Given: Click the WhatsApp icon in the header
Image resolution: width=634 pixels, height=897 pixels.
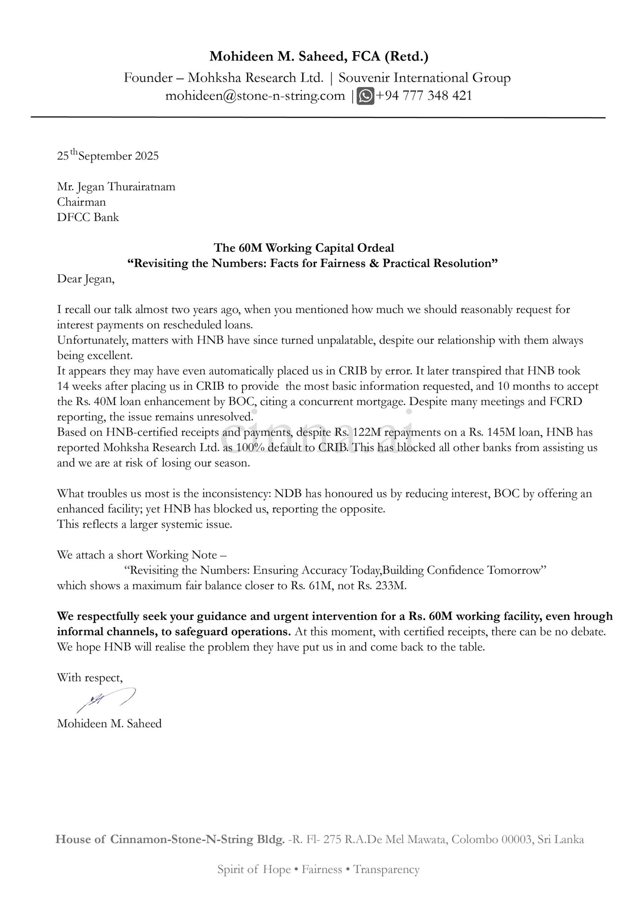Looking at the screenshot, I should (365, 96).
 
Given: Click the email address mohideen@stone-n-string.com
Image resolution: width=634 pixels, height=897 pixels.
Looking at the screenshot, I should (255, 96).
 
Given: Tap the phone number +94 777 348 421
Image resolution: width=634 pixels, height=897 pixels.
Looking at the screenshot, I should (424, 96).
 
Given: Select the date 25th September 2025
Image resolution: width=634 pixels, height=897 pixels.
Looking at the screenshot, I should (108, 156).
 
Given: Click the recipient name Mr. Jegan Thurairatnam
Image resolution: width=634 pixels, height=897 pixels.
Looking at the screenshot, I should (116, 187).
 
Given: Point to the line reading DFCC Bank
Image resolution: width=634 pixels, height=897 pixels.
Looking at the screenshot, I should (88, 217).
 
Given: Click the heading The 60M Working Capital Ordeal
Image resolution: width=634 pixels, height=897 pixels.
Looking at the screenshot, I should (304, 248).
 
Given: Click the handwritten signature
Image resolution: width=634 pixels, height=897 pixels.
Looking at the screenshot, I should (106, 703).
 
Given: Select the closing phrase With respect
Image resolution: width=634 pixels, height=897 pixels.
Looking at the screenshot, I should (90, 677).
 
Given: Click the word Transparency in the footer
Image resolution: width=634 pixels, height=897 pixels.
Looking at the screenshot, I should (386, 881).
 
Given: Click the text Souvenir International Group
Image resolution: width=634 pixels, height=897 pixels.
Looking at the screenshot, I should (424, 78).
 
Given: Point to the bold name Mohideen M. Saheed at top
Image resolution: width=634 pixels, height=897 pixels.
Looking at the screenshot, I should (273, 57).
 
